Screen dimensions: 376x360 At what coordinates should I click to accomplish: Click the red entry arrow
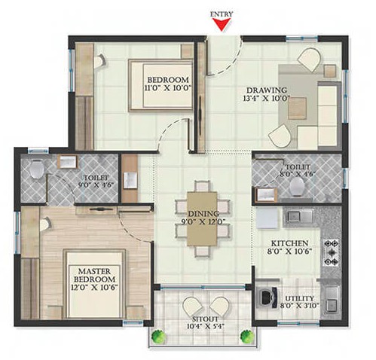(222, 25)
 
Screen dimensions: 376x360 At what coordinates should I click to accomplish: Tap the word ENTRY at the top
(222, 14)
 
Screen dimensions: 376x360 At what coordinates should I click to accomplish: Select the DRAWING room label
(267, 90)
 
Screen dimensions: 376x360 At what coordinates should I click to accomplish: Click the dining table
(202, 218)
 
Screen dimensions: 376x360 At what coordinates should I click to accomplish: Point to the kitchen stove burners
(332, 252)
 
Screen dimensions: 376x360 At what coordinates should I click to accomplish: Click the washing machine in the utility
(267, 297)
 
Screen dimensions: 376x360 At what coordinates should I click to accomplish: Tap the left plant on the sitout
(159, 336)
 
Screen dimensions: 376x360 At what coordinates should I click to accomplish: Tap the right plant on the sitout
(247, 336)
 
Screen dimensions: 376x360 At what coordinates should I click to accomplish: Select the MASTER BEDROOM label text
(94, 275)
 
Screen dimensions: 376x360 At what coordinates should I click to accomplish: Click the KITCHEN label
(289, 243)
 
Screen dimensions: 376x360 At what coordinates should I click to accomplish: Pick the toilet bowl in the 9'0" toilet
(37, 169)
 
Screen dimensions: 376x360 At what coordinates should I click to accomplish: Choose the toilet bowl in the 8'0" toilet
(297, 187)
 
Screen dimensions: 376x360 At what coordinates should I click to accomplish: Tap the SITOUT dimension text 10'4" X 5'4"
(206, 326)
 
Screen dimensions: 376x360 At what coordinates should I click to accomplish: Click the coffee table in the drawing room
(297, 108)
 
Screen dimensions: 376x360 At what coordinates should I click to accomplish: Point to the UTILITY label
(300, 298)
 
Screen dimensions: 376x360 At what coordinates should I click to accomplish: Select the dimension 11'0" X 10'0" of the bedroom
(168, 88)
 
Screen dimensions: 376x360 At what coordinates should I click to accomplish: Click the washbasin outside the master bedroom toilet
(130, 180)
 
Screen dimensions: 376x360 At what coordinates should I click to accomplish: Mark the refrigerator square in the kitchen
(267, 218)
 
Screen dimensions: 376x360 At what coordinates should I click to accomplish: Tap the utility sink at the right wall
(332, 301)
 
